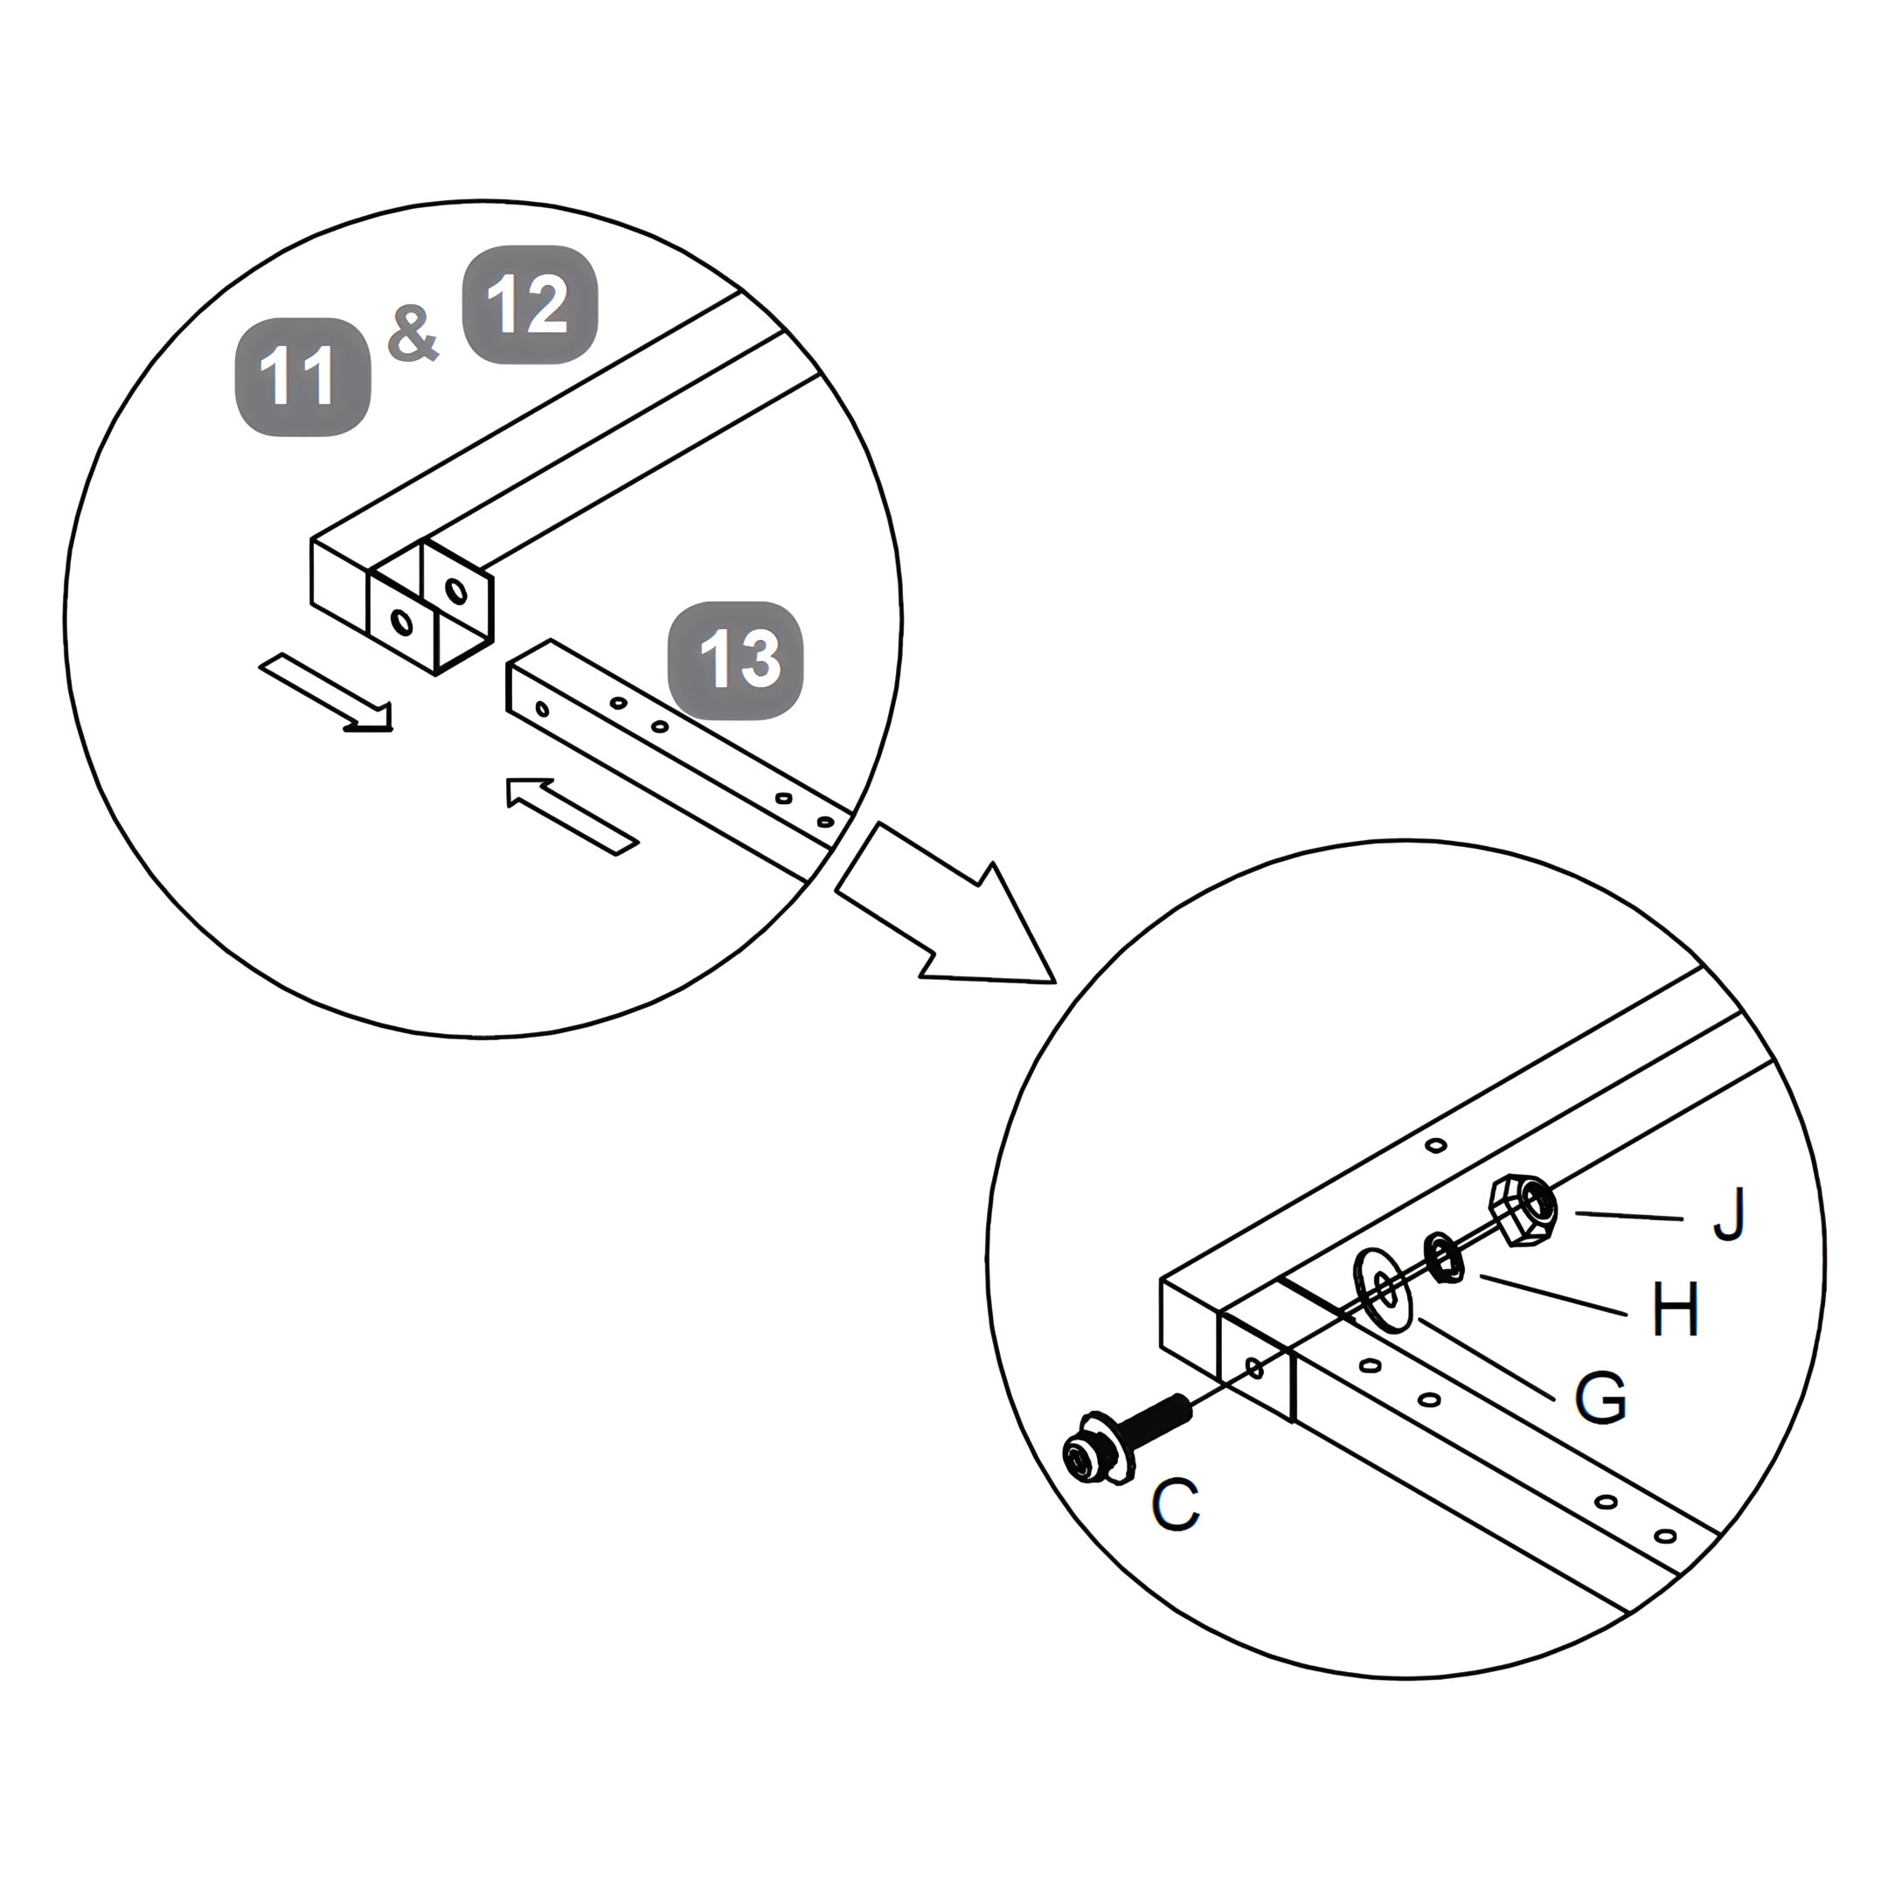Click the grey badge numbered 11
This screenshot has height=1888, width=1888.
click(x=303, y=376)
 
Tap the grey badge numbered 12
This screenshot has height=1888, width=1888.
click(x=530, y=305)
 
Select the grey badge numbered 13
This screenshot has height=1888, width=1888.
click(x=735, y=661)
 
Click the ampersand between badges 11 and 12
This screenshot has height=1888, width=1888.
click(x=413, y=334)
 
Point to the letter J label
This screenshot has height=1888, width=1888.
click(x=1729, y=1215)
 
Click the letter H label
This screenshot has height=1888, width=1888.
click(x=1675, y=1308)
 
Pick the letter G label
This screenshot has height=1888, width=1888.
click(x=1600, y=1397)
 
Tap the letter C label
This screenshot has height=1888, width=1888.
click(x=1176, y=1505)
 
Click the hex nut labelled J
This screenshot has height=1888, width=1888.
click(x=1522, y=1209)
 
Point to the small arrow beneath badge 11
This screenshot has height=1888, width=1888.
click(x=326, y=692)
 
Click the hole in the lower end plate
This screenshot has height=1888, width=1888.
click(x=400, y=621)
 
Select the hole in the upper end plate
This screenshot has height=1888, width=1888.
click(x=455, y=590)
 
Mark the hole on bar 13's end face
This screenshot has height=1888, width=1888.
click(x=542, y=707)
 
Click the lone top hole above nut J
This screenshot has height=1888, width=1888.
click(x=1435, y=1144)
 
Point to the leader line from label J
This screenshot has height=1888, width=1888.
click(x=1629, y=1216)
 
